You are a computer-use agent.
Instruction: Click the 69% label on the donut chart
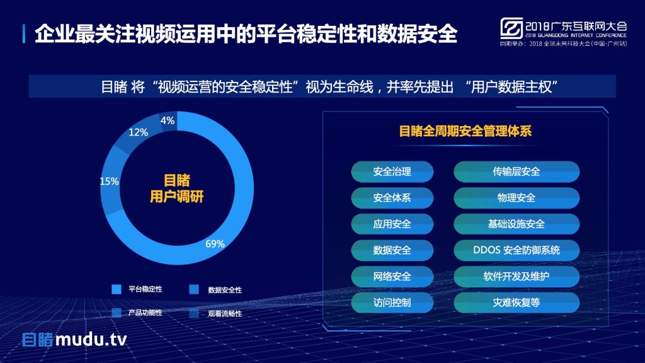click(215, 244)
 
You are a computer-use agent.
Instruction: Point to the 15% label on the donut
click(109, 181)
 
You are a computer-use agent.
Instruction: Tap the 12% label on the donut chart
click(138, 132)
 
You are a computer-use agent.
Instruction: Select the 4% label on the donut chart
click(168, 120)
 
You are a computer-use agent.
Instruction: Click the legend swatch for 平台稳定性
click(117, 289)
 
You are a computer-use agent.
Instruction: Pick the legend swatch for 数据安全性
click(194, 289)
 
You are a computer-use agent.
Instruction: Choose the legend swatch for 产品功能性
click(117, 313)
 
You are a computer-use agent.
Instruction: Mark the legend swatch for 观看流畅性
click(194, 313)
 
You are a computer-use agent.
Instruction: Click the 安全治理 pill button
click(392, 171)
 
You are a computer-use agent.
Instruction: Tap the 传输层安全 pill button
click(517, 171)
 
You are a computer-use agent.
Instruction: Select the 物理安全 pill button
click(517, 198)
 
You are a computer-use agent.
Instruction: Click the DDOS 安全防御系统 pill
click(517, 250)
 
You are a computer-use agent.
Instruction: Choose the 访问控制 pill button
click(392, 303)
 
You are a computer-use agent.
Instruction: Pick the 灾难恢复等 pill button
click(517, 303)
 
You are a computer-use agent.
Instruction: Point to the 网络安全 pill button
click(392, 277)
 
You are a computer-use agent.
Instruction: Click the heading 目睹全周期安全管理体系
click(465, 131)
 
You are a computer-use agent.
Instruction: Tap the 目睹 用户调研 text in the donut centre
click(176, 188)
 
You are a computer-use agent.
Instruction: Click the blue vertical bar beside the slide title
click(24, 34)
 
